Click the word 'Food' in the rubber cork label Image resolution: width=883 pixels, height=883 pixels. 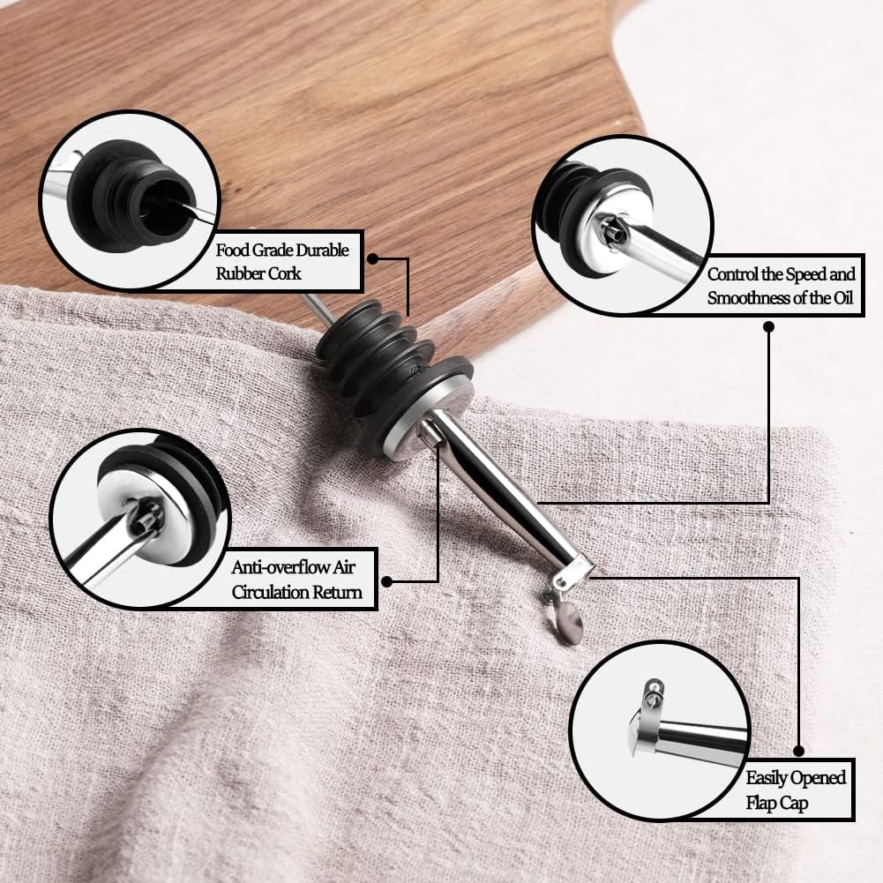pyautogui.click(x=232, y=250)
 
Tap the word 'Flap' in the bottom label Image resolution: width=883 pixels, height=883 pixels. pyautogui.click(x=760, y=804)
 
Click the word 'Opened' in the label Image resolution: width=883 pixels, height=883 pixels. pyautogui.click(x=820, y=778)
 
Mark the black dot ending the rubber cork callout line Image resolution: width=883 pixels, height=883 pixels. pyautogui.click(x=372, y=258)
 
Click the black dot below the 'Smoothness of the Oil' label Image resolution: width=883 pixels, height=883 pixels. pyautogui.click(x=768, y=326)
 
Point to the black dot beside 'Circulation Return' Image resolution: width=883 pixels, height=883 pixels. pyautogui.click(x=386, y=581)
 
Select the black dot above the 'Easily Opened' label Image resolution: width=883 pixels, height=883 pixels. pyautogui.click(x=798, y=751)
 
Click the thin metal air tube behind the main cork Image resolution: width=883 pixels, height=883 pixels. pyautogui.click(x=318, y=309)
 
